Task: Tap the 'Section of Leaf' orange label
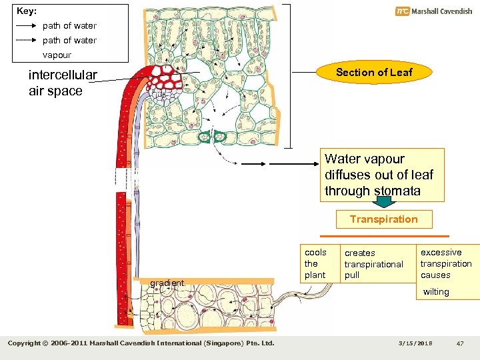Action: click(x=374, y=73)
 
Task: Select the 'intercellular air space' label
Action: click(x=63, y=83)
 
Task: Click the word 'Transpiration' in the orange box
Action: click(x=384, y=219)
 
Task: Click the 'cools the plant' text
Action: click(x=315, y=263)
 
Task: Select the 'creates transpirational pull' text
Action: click(x=373, y=264)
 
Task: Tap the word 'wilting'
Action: click(x=436, y=292)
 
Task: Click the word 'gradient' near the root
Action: click(x=167, y=283)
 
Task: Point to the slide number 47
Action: click(x=459, y=343)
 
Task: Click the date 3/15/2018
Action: click(x=415, y=343)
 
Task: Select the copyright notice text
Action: click(x=141, y=343)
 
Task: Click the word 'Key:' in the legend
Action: click(x=27, y=11)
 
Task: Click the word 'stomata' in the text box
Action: click(x=397, y=191)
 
